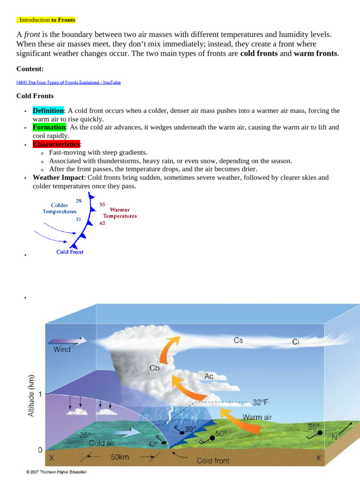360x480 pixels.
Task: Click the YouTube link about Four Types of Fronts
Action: pyautogui.click(x=68, y=82)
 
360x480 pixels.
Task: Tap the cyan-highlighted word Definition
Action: pyautogui.click(x=48, y=111)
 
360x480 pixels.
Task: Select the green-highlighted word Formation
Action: pyautogui.click(x=49, y=127)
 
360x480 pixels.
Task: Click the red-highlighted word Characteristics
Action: pyautogui.click(x=56, y=144)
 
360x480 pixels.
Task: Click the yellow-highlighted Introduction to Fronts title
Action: pyautogui.click(x=46, y=20)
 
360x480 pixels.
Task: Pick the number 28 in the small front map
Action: pyautogui.click(x=79, y=201)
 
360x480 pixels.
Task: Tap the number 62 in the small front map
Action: pyautogui.click(x=102, y=223)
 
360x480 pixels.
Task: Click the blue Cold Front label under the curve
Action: pyautogui.click(x=70, y=252)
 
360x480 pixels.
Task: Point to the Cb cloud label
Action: pyautogui.click(x=155, y=368)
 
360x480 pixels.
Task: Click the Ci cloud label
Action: pyautogui.click(x=296, y=342)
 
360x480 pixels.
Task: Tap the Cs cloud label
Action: pyautogui.click(x=238, y=341)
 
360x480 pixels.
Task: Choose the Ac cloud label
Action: pyautogui.click(x=209, y=376)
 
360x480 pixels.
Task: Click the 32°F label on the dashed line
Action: pyautogui.click(x=261, y=402)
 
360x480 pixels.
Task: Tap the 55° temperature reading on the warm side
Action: pyautogui.click(x=314, y=427)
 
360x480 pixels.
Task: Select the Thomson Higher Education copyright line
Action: pyautogui.click(x=56, y=472)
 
